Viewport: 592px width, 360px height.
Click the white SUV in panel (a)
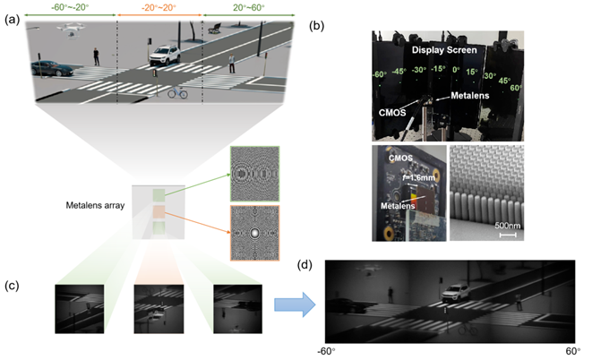(x=164, y=56)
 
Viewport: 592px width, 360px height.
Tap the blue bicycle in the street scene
(x=177, y=92)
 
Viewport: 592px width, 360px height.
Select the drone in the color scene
(x=72, y=30)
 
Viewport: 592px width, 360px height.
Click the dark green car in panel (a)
(x=51, y=68)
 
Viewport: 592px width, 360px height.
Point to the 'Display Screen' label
(x=444, y=50)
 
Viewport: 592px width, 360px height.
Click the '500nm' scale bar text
(x=508, y=226)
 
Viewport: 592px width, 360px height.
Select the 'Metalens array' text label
(x=95, y=205)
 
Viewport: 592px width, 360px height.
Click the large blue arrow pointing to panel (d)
(x=295, y=304)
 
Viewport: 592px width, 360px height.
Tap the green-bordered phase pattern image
(x=255, y=174)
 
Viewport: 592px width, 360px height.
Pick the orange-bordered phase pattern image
(x=255, y=233)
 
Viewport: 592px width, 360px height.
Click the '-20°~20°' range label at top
(x=159, y=7)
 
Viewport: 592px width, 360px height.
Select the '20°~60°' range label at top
(x=248, y=7)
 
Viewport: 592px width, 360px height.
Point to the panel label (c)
(x=12, y=286)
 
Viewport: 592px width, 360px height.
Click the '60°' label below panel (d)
(x=573, y=351)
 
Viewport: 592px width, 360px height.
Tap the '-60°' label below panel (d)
(x=326, y=351)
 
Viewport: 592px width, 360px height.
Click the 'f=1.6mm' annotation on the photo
(x=418, y=176)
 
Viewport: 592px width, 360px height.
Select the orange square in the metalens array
(x=159, y=212)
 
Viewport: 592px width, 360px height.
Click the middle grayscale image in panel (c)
(x=159, y=309)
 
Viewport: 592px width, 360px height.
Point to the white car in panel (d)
(x=456, y=293)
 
